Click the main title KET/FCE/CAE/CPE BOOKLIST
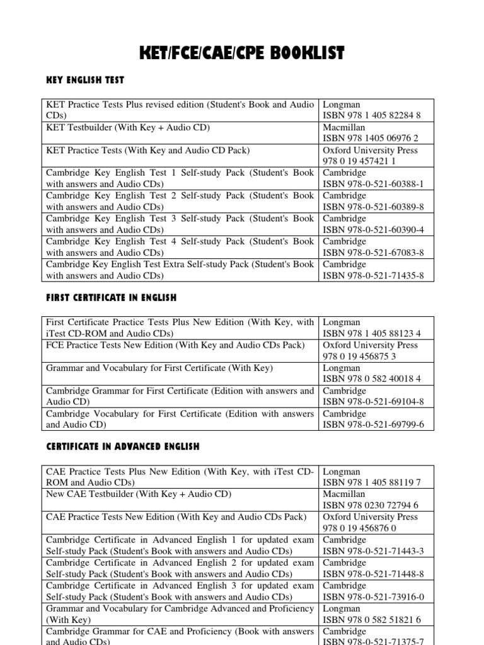click(241, 54)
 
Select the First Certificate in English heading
click(112, 297)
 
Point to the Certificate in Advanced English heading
click(123, 446)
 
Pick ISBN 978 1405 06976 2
click(371, 138)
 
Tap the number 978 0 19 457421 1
click(360, 161)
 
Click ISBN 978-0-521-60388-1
click(373, 184)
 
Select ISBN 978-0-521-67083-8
click(373, 253)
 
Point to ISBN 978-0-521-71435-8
click(373, 275)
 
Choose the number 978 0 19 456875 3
click(360, 357)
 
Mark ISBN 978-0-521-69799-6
click(373, 425)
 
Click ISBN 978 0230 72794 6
click(371, 505)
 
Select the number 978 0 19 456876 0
click(360, 528)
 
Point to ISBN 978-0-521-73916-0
click(373, 596)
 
